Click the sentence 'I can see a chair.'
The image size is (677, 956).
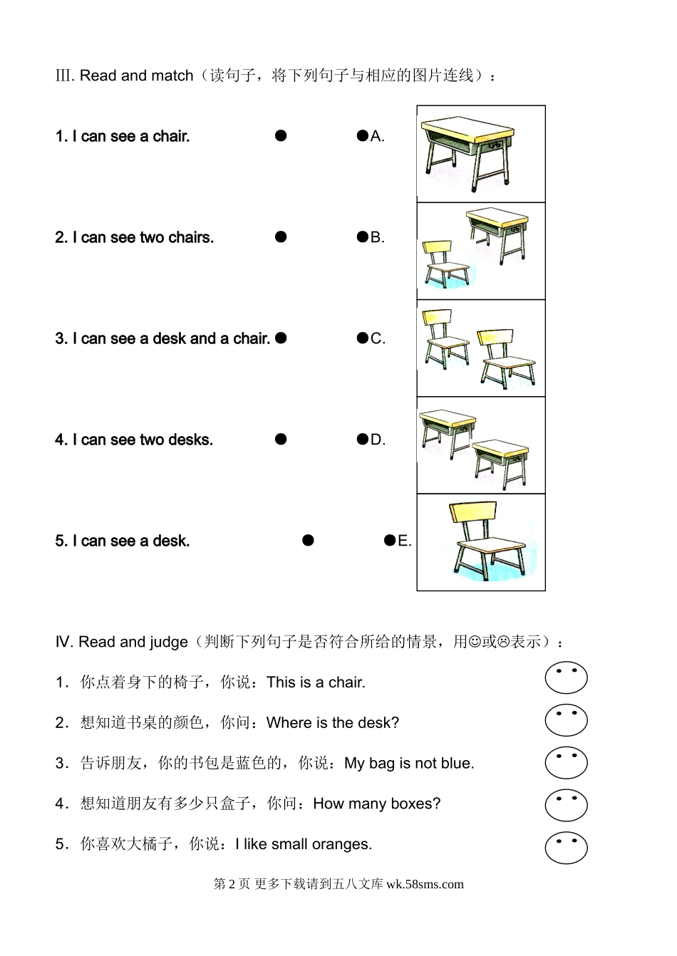click(x=131, y=136)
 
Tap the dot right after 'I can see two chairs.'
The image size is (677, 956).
click(x=281, y=237)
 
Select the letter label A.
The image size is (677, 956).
click(x=378, y=136)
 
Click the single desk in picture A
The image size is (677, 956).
click(x=468, y=152)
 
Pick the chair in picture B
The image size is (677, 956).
click(x=445, y=264)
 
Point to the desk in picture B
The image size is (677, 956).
click(x=497, y=235)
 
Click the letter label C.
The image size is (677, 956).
click(x=378, y=338)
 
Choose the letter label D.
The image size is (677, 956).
click(x=378, y=439)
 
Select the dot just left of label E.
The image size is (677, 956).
click(x=390, y=540)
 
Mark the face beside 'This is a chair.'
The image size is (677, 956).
click(x=566, y=678)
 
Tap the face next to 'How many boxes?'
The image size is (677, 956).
click(x=566, y=806)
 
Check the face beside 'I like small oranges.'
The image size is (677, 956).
click(x=566, y=848)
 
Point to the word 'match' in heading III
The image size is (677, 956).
click(x=172, y=76)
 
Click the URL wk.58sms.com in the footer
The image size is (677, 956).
click(x=425, y=884)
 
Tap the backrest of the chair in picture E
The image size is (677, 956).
click(x=473, y=512)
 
